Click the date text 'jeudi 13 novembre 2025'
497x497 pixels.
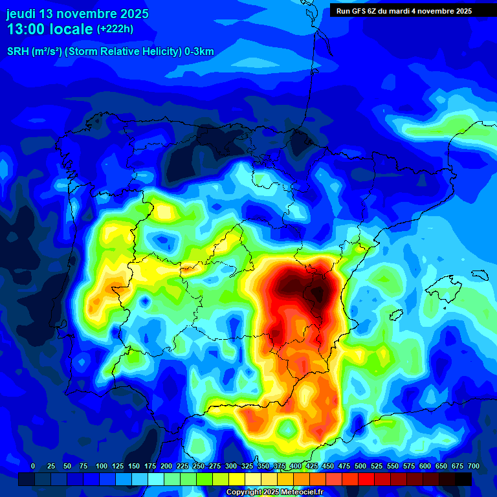[x=77, y=14]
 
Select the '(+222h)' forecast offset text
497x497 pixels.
[x=115, y=29]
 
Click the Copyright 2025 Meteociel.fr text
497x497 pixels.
[x=274, y=492]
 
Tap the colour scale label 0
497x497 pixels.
[x=33, y=466]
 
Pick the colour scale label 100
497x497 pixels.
[x=102, y=466]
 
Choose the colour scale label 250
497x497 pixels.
[x=199, y=466]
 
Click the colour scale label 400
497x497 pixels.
[x=296, y=466]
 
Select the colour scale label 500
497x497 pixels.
[x=360, y=466]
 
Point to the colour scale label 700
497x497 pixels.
[x=473, y=466]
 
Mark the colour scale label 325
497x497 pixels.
[x=247, y=466]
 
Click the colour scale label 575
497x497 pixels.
[x=409, y=466]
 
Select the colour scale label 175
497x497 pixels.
[x=150, y=466]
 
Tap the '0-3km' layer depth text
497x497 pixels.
[x=197, y=52]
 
